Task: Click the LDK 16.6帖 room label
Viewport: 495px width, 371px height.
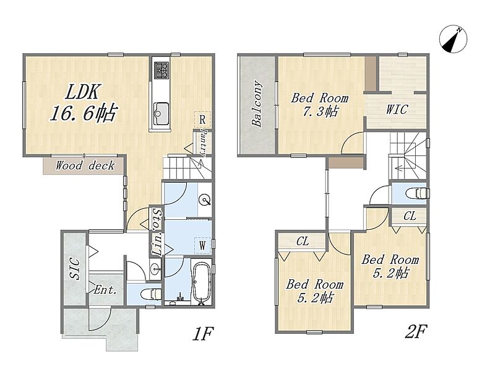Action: (x=84, y=102)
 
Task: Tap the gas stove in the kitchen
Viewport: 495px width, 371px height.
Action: (x=161, y=70)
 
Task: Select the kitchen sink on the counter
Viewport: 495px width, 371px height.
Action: (x=161, y=114)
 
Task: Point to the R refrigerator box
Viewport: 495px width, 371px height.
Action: (x=202, y=120)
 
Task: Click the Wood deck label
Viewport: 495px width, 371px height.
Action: (x=85, y=165)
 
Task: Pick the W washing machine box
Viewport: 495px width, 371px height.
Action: (x=202, y=245)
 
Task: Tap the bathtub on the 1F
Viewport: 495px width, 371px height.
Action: (x=202, y=282)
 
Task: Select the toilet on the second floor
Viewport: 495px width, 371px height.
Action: (x=416, y=193)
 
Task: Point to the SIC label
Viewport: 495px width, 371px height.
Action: (x=75, y=269)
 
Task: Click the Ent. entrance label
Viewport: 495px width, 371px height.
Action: (x=105, y=290)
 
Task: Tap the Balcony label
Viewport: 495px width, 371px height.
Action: (x=257, y=104)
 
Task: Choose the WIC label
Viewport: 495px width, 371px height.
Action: (x=397, y=110)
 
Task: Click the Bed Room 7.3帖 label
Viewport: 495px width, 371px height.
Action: (x=320, y=105)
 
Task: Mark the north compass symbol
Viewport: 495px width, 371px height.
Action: (x=454, y=39)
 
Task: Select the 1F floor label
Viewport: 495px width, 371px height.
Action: (x=203, y=334)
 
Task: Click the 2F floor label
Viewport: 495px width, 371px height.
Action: (x=415, y=331)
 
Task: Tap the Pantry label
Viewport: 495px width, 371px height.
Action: (x=203, y=143)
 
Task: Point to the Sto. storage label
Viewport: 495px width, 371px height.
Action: (x=157, y=218)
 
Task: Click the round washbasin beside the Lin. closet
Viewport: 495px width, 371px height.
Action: (x=155, y=270)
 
